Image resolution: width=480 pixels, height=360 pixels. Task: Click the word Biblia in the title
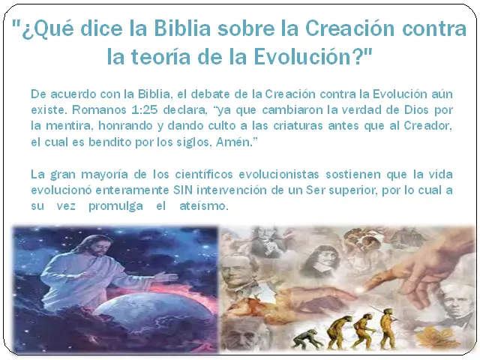coord(182,28)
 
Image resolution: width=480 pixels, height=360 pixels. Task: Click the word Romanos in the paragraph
coord(99,109)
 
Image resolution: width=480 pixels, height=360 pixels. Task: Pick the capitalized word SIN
coord(183,190)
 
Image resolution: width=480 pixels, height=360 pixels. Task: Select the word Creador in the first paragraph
coord(428,125)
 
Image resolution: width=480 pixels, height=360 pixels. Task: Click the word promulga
coord(115,206)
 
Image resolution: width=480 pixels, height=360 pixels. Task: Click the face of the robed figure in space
coord(94,247)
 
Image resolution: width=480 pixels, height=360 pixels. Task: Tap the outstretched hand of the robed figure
coord(166,277)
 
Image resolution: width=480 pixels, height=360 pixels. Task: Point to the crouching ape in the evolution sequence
coord(307,339)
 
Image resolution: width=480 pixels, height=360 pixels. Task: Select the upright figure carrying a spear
coord(387,328)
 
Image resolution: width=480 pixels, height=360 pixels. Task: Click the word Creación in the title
coord(349,28)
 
